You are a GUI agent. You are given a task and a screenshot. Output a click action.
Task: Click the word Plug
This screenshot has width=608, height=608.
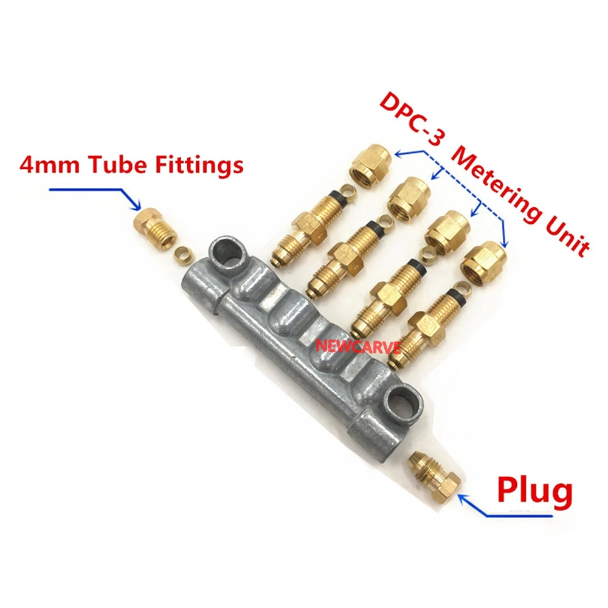point(534,491)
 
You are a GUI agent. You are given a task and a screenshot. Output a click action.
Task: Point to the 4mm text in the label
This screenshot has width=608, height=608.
point(46,165)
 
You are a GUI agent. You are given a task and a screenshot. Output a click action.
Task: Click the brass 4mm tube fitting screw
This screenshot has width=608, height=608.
point(154,228)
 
